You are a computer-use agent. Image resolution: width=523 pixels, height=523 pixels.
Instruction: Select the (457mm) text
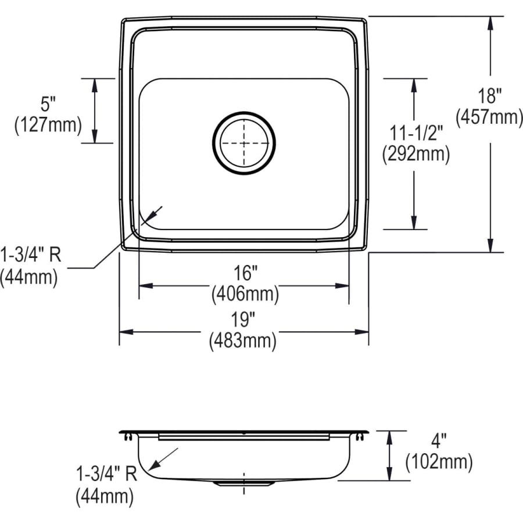click(x=489, y=117)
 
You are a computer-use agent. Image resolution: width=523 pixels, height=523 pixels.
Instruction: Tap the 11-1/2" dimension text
click(x=416, y=133)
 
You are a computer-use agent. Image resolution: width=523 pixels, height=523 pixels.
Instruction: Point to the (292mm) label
click(x=415, y=154)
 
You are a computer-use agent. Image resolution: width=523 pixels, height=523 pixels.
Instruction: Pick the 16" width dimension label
click(x=245, y=272)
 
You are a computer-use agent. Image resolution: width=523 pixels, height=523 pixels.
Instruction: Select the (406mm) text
click(x=245, y=294)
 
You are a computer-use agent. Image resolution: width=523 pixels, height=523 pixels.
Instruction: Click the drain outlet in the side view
click(x=243, y=483)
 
